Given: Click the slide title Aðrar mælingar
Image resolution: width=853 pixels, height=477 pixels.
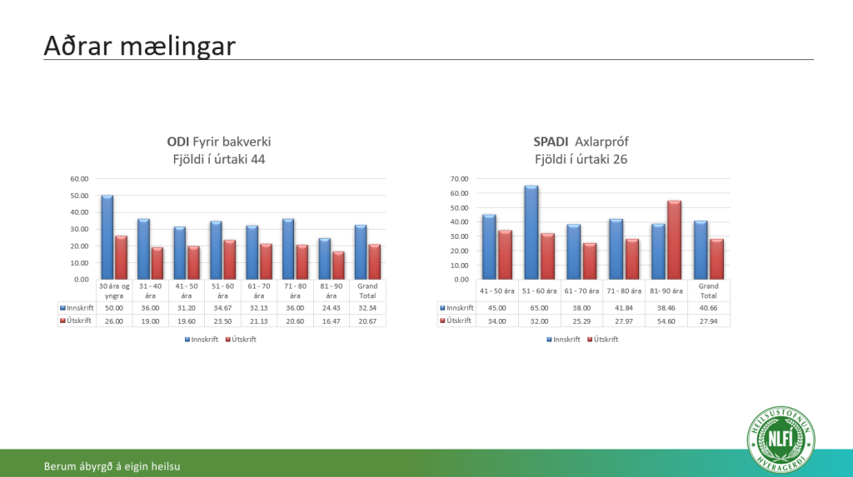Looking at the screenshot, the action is [139, 46].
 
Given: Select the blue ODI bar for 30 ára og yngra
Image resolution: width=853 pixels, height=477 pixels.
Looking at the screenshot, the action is [107, 237].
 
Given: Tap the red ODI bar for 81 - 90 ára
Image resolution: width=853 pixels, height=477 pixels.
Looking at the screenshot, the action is [338, 266].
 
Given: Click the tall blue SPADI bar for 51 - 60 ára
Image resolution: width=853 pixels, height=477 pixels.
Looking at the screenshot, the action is [531, 233].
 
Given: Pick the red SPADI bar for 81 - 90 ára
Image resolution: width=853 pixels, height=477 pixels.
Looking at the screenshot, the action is [675, 240].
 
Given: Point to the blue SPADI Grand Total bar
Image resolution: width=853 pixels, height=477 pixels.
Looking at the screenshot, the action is [701, 251].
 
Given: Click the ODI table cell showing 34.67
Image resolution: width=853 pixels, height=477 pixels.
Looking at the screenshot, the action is [222, 308].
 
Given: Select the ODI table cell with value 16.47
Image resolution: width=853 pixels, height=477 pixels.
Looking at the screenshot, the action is [332, 320].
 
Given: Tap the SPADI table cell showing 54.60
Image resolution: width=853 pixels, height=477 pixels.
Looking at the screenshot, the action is [666, 320].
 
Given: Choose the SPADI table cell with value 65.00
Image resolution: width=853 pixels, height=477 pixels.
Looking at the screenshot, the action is [539, 308].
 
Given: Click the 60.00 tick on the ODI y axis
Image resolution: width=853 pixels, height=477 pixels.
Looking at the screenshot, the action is [79, 179].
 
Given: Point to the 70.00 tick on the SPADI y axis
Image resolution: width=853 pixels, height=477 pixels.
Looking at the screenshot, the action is [459, 179].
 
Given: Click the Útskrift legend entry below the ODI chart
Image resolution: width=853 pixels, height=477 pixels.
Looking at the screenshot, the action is [241, 340].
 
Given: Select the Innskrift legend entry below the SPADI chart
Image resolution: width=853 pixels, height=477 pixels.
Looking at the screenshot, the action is [563, 340].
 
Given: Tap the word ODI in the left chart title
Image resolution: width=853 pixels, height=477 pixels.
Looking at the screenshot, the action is [178, 142].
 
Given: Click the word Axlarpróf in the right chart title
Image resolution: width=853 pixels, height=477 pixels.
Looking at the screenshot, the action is [601, 142].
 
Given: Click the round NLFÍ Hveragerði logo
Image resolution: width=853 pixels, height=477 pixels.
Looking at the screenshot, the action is [781, 440].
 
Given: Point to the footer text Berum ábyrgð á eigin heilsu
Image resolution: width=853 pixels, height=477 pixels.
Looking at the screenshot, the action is [112, 466].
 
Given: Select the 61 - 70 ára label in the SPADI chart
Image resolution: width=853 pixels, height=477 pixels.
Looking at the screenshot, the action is [581, 291].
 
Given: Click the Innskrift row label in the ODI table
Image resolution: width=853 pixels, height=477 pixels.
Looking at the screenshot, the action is [77, 308].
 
